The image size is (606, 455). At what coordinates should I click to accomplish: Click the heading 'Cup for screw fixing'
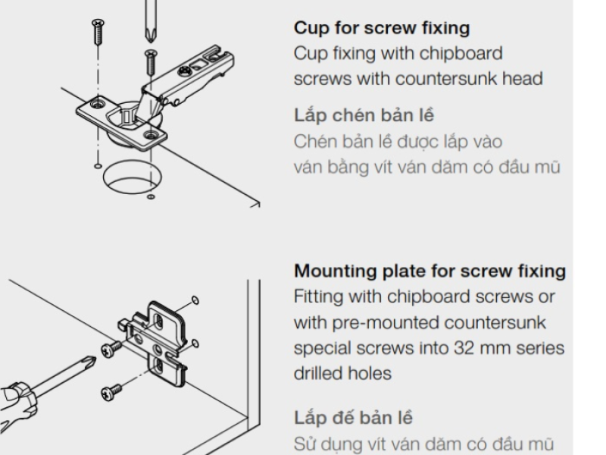(382, 28)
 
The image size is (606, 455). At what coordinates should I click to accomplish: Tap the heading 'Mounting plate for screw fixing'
(430, 271)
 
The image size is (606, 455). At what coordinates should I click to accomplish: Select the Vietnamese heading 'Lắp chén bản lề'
(364, 115)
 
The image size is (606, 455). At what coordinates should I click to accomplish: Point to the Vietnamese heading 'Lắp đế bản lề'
(353, 418)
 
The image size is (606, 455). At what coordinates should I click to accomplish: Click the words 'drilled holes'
(342, 374)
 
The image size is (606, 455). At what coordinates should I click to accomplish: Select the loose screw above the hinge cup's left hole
(98, 32)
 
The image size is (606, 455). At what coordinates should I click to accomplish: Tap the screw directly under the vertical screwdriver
(151, 62)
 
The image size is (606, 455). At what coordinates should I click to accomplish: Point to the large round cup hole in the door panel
(132, 178)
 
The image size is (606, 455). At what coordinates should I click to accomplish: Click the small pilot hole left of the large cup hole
(98, 166)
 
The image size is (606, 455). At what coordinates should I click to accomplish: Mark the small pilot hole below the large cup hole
(151, 197)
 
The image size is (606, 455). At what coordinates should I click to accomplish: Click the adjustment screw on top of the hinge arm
(184, 71)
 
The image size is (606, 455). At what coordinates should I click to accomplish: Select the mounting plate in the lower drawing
(155, 343)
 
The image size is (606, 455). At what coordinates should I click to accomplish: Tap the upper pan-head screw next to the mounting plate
(111, 349)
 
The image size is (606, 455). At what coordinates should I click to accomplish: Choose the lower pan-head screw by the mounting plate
(111, 392)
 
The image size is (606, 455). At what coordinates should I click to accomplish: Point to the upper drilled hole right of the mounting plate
(195, 300)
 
